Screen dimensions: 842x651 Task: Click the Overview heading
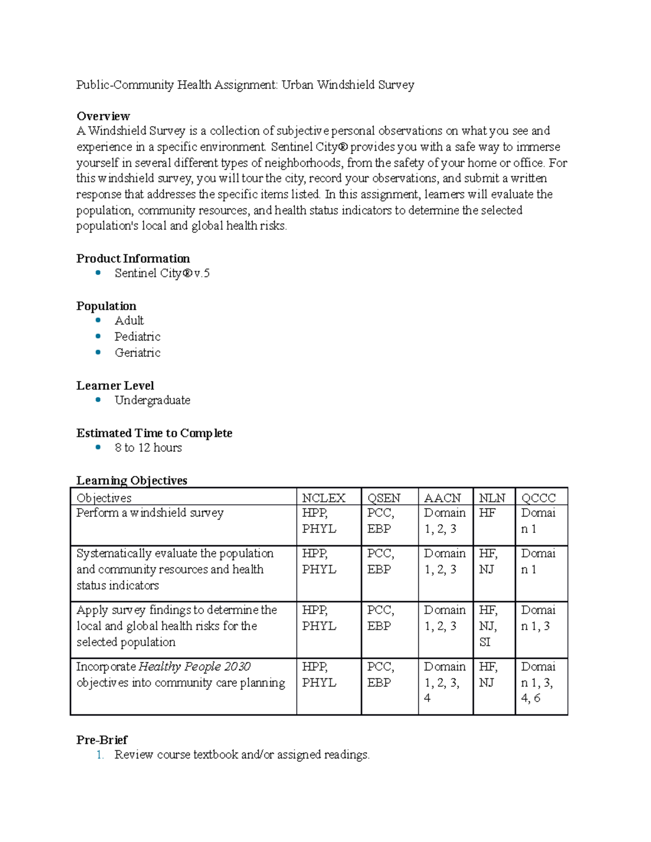(x=103, y=116)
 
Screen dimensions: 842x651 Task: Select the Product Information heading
(x=133, y=259)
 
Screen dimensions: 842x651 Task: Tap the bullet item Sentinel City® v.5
(x=162, y=273)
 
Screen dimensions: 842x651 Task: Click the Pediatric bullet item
(x=137, y=337)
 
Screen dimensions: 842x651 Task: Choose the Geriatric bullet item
(x=137, y=353)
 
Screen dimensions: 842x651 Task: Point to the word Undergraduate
(x=152, y=401)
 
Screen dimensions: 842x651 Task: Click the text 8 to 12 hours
(x=148, y=448)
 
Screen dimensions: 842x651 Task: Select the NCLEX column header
(x=323, y=498)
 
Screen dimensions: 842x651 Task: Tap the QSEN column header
(x=384, y=498)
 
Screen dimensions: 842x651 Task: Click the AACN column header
(x=442, y=498)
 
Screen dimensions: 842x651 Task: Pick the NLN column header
(x=492, y=498)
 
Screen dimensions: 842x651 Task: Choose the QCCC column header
(x=538, y=498)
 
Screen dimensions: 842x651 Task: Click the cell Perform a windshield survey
(x=150, y=513)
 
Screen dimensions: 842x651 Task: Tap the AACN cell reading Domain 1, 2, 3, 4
(x=444, y=682)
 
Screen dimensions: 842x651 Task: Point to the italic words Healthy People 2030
(x=195, y=666)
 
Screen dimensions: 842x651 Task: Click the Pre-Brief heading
(x=102, y=740)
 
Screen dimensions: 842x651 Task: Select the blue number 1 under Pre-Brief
(x=100, y=755)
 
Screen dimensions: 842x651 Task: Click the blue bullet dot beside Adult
(x=98, y=320)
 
